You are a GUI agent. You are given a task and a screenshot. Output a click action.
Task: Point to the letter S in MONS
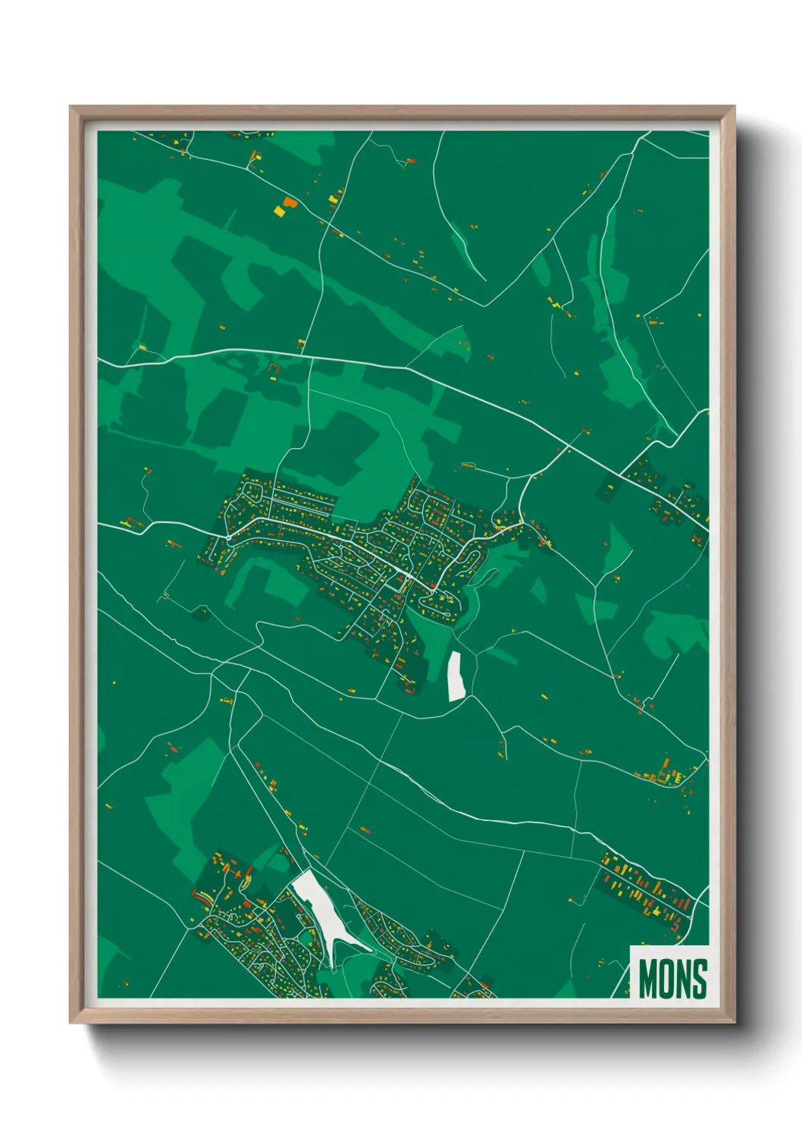pyautogui.click(x=700, y=979)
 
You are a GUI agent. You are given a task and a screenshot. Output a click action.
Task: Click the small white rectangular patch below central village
pyautogui.click(x=456, y=676)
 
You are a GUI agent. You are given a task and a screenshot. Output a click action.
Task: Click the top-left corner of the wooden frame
pyautogui.click(x=71, y=108)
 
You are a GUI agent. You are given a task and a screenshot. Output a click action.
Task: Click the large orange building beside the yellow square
pyautogui.click(x=289, y=202)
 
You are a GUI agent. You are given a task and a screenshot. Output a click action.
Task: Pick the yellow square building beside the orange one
pyautogui.click(x=279, y=212)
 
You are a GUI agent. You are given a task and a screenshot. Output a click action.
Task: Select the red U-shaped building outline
pyautogui.click(x=273, y=370)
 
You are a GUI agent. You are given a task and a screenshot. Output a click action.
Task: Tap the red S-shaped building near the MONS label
pyautogui.click(x=674, y=926)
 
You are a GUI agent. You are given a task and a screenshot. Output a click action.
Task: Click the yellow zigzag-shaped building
pyautogui.click(x=558, y=304)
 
